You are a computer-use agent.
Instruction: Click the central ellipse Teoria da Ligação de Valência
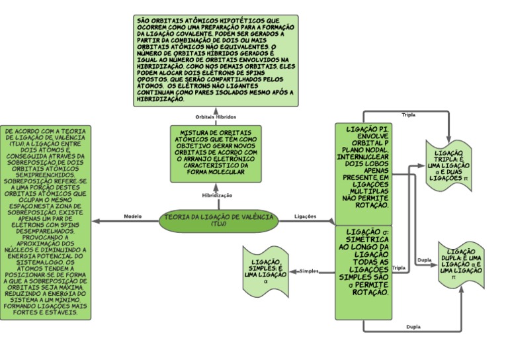coord(219,220)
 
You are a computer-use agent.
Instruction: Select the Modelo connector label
coord(133,216)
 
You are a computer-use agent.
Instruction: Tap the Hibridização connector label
coord(217,195)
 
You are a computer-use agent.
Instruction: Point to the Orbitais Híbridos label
coord(216,116)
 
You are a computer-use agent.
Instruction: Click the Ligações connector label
coord(304,216)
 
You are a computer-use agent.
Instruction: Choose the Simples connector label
coord(310,271)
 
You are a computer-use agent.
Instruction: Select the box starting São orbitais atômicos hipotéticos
coord(216,60)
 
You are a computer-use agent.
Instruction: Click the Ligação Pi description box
coord(363,172)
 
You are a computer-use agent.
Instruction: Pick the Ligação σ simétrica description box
coord(363,271)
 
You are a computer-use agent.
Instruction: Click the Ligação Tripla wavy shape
coord(448,165)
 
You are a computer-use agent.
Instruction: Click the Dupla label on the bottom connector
coord(413,327)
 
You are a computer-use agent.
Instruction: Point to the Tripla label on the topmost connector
coord(408,113)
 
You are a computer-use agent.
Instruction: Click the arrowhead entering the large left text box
coord(97,221)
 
